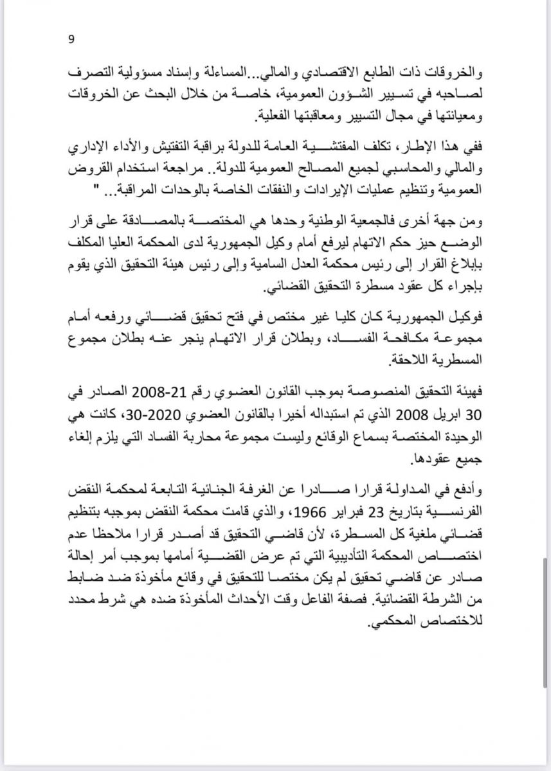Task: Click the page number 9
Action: pos(71,39)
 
